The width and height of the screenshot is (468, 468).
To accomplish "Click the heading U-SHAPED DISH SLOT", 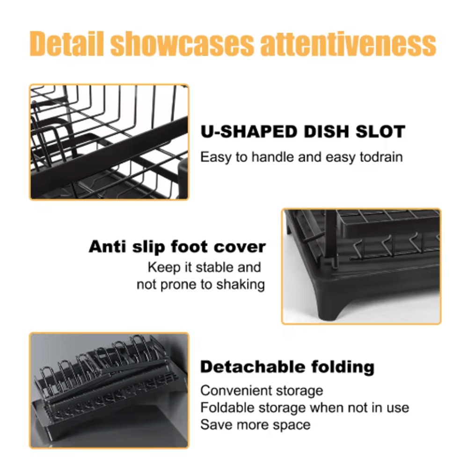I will [x=302, y=132].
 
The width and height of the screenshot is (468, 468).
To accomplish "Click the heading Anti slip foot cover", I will [x=177, y=247].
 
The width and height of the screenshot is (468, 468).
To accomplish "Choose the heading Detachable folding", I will [x=287, y=366].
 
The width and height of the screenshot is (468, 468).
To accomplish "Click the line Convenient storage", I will [x=262, y=390].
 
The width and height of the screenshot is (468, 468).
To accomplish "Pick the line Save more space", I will [x=255, y=425].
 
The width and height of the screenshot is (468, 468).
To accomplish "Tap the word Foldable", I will [x=226, y=408].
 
